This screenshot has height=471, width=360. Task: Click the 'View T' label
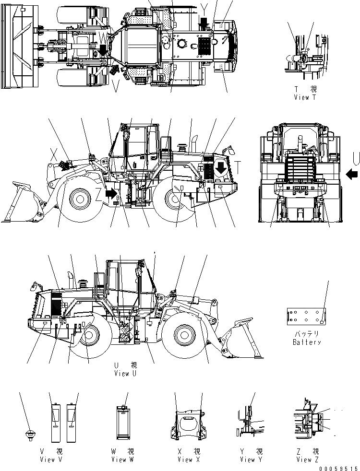coord(306,97)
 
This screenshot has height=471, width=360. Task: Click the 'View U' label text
coord(125,373)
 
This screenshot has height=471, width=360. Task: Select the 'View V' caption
coord(51,459)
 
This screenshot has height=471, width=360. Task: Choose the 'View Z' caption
coord(304,459)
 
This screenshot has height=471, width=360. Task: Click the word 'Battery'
coord(306,342)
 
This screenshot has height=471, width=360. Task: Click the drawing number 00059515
coord(339,468)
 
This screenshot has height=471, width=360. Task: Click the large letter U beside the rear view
coord(355,157)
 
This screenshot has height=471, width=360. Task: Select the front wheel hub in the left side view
coord(79,198)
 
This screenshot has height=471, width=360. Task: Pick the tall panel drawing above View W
coord(124,422)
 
